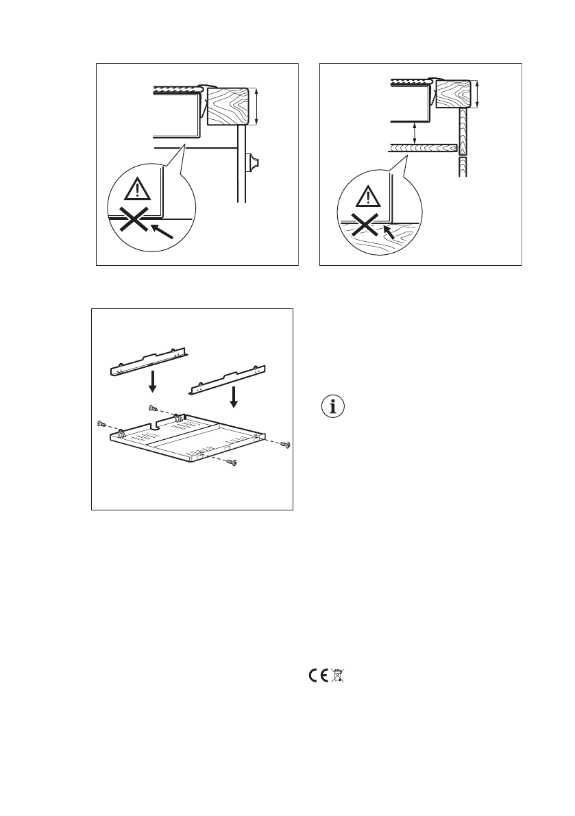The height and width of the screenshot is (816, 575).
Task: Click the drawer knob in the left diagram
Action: click(252, 163)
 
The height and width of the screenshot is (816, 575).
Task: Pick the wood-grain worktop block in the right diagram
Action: click(451, 93)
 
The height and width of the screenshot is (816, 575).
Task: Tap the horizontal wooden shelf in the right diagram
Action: click(423, 147)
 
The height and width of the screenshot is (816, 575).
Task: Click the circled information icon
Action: click(334, 406)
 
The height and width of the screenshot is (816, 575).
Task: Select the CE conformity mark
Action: click(317, 675)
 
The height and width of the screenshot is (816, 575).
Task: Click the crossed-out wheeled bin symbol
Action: click(337, 675)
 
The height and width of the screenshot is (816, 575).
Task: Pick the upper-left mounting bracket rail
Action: click(150, 360)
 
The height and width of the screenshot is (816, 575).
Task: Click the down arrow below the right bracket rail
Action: click(234, 396)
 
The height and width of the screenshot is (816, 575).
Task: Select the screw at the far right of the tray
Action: click(287, 445)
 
